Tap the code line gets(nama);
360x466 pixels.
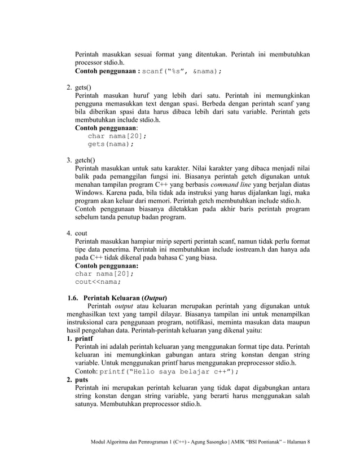click(x=111, y=144)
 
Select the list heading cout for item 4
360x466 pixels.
click(x=81, y=233)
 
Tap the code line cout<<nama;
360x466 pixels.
click(x=98, y=283)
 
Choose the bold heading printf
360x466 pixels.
click(x=84, y=339)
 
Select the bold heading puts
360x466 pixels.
click(x=81, y=380)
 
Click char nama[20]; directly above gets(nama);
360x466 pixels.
click(x=117, y=136)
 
